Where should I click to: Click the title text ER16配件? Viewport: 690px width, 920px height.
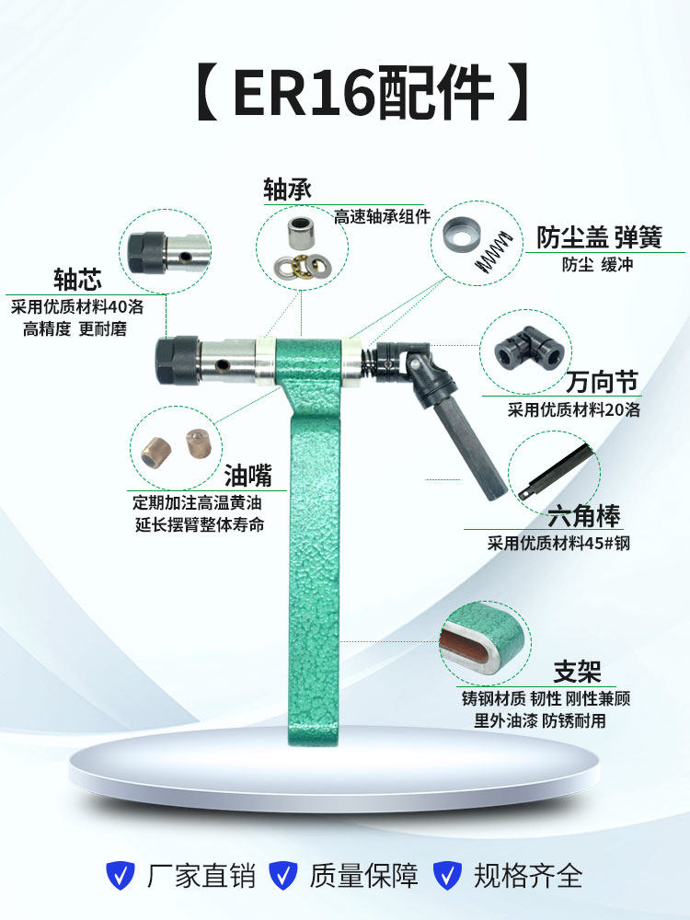363,92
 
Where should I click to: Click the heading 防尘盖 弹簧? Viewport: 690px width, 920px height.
599,237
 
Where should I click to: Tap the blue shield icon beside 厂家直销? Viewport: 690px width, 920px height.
120,874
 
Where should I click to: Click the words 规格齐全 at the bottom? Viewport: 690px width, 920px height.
528,874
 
